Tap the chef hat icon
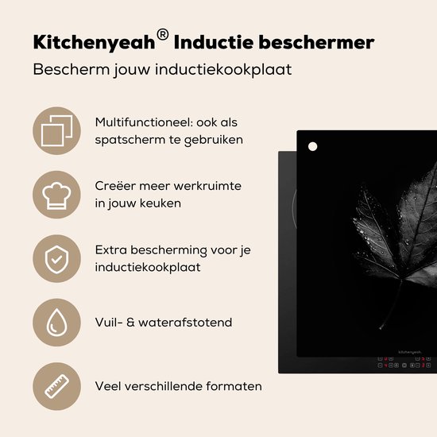tap(56, 194)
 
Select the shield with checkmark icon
tap(56, 258)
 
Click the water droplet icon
tap(56, 322)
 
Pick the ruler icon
tap(56, 386)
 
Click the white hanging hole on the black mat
tap(312, 146)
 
